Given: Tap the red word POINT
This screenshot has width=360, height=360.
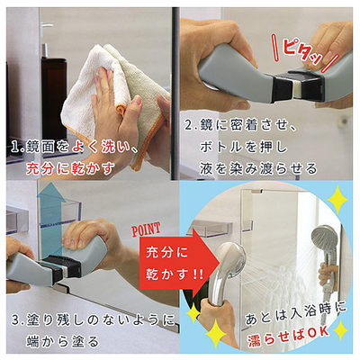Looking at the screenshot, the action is tap(146, 229).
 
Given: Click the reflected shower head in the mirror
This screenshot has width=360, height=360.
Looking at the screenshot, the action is tap(323, 240).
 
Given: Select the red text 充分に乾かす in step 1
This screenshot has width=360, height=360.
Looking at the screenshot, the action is tap(70, 168).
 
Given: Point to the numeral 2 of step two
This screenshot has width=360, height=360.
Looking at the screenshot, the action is tap(188, 125).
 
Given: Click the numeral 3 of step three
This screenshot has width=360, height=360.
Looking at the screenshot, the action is tap(15, 319).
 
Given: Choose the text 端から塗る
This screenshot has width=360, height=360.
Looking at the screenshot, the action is tap(62, 341).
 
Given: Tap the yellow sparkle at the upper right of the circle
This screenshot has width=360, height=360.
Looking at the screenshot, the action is tap(337, 199).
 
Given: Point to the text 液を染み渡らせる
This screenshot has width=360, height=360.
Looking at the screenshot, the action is tap(258, 168).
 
